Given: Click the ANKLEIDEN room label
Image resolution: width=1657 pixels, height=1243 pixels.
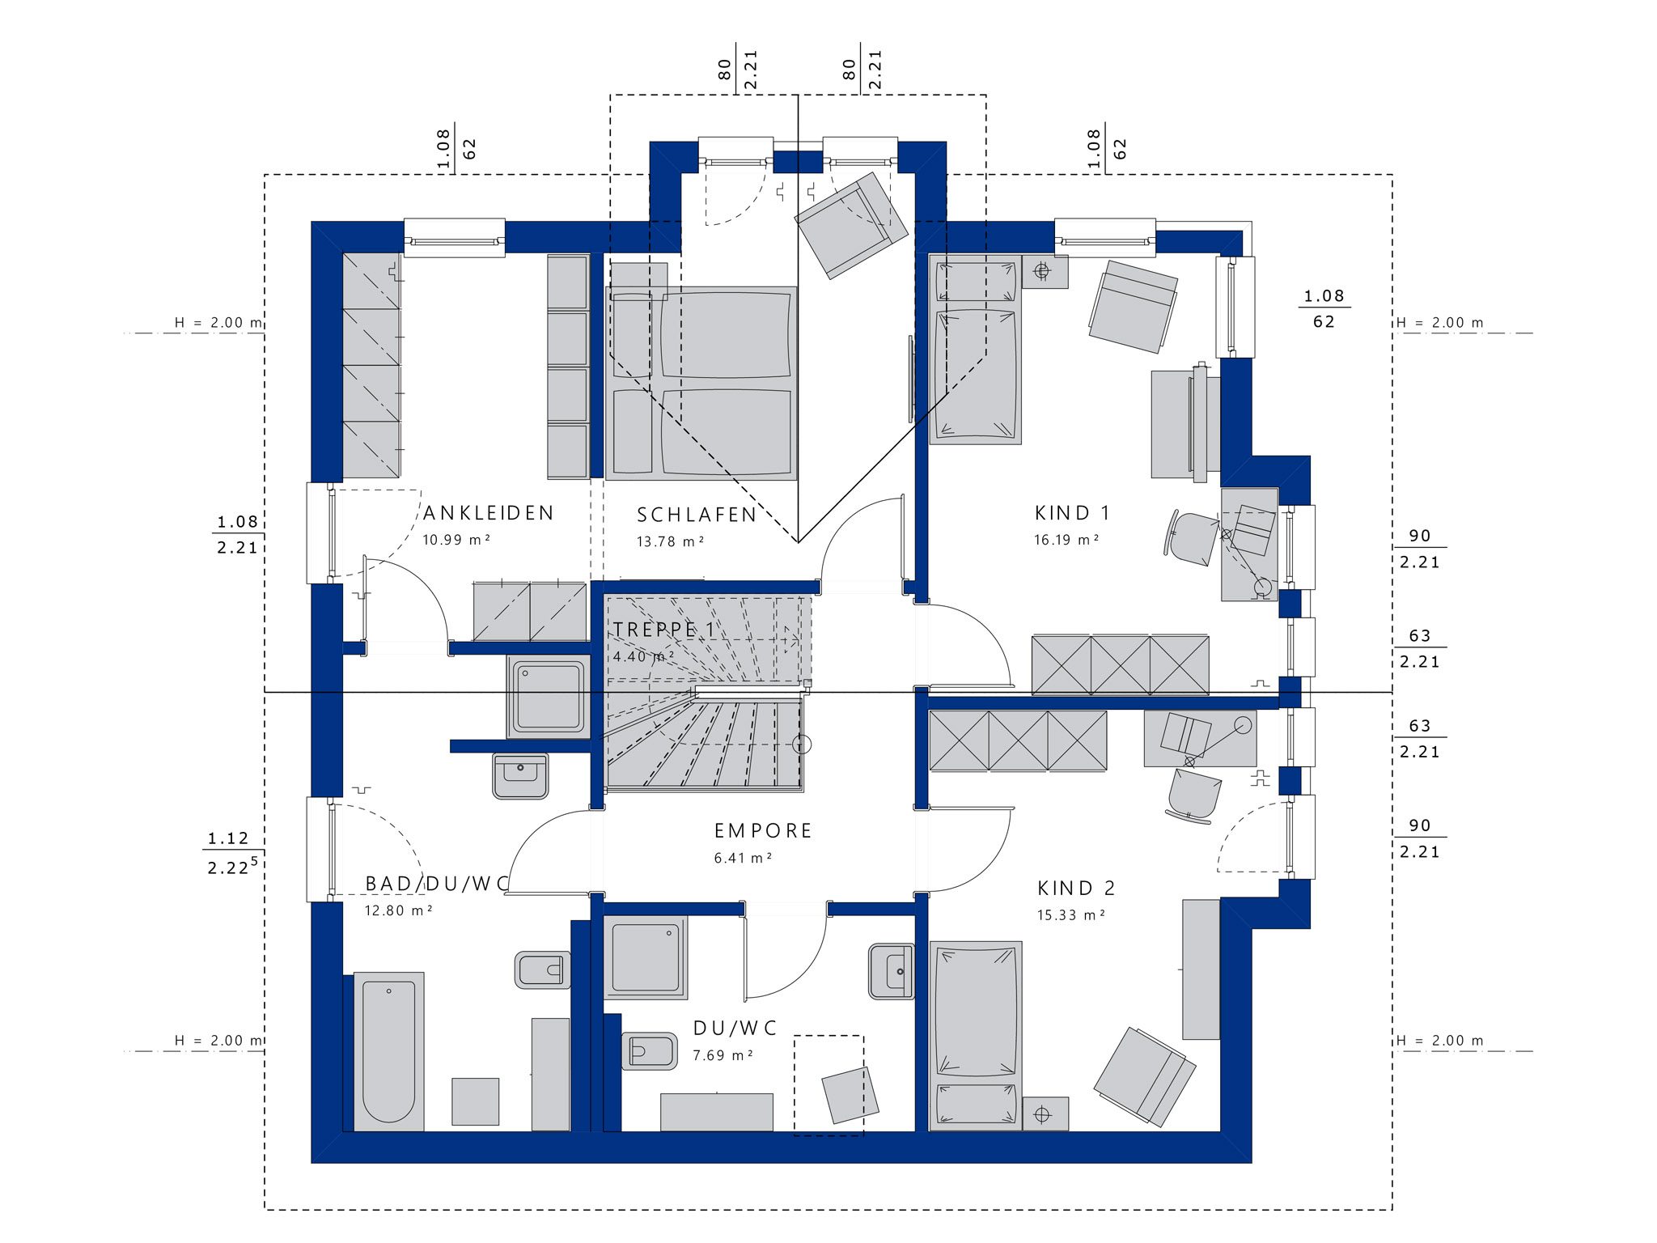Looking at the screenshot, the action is coord(489,513).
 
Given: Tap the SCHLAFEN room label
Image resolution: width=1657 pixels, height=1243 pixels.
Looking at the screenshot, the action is coord(697,515).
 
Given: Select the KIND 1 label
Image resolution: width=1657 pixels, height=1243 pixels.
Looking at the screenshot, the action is coord(1072,513).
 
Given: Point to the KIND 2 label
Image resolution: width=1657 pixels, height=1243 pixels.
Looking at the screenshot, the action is coord(1076,889).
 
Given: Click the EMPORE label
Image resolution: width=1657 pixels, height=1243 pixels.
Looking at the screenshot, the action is coord(763,831).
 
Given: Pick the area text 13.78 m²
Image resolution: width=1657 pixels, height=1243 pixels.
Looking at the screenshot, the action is coord(670,541).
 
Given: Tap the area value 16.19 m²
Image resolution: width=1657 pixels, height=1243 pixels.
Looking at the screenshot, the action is coord(1066,540).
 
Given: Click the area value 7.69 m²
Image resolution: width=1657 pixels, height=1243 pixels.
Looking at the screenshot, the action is coord(723,1056).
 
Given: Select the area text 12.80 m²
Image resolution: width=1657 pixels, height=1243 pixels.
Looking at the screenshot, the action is coord(398,910).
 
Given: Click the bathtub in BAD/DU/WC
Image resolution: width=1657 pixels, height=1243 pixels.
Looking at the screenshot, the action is coord(389,1051).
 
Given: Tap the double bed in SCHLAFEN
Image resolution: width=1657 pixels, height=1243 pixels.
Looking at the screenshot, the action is coord(701,383).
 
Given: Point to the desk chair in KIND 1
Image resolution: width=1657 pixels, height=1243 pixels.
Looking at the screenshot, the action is coord(1193,537).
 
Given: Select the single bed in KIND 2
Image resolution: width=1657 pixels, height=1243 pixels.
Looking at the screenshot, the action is coord(976,1036).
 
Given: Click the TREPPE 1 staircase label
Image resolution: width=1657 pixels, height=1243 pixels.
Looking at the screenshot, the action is coord(664,630).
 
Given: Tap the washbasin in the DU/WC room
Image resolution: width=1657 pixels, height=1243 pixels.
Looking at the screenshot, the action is coord(892,971).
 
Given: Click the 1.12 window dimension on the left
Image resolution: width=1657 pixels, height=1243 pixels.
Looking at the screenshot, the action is coord(228,839).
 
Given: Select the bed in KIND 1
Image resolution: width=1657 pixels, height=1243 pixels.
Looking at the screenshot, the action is coord(976,350).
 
